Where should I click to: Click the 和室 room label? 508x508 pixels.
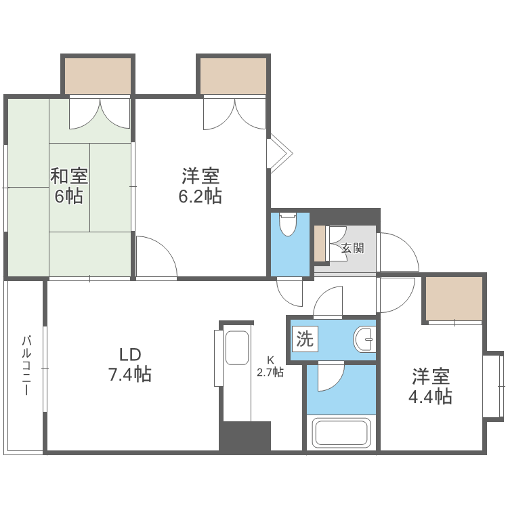68,176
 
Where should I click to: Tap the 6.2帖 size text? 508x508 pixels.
200,196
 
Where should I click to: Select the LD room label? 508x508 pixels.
129,354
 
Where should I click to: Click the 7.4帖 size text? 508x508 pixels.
129,374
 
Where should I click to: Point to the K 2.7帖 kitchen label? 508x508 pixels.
270,366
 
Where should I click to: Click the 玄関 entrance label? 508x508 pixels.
352,248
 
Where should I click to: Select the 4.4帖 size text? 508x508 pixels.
431,396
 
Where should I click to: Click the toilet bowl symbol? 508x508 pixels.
288,225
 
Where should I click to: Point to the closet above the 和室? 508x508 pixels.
98,76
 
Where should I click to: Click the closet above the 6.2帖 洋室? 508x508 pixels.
233,76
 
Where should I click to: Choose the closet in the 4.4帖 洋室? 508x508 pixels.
454,299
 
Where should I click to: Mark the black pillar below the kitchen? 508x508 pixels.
245,436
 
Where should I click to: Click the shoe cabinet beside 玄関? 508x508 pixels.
320,242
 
